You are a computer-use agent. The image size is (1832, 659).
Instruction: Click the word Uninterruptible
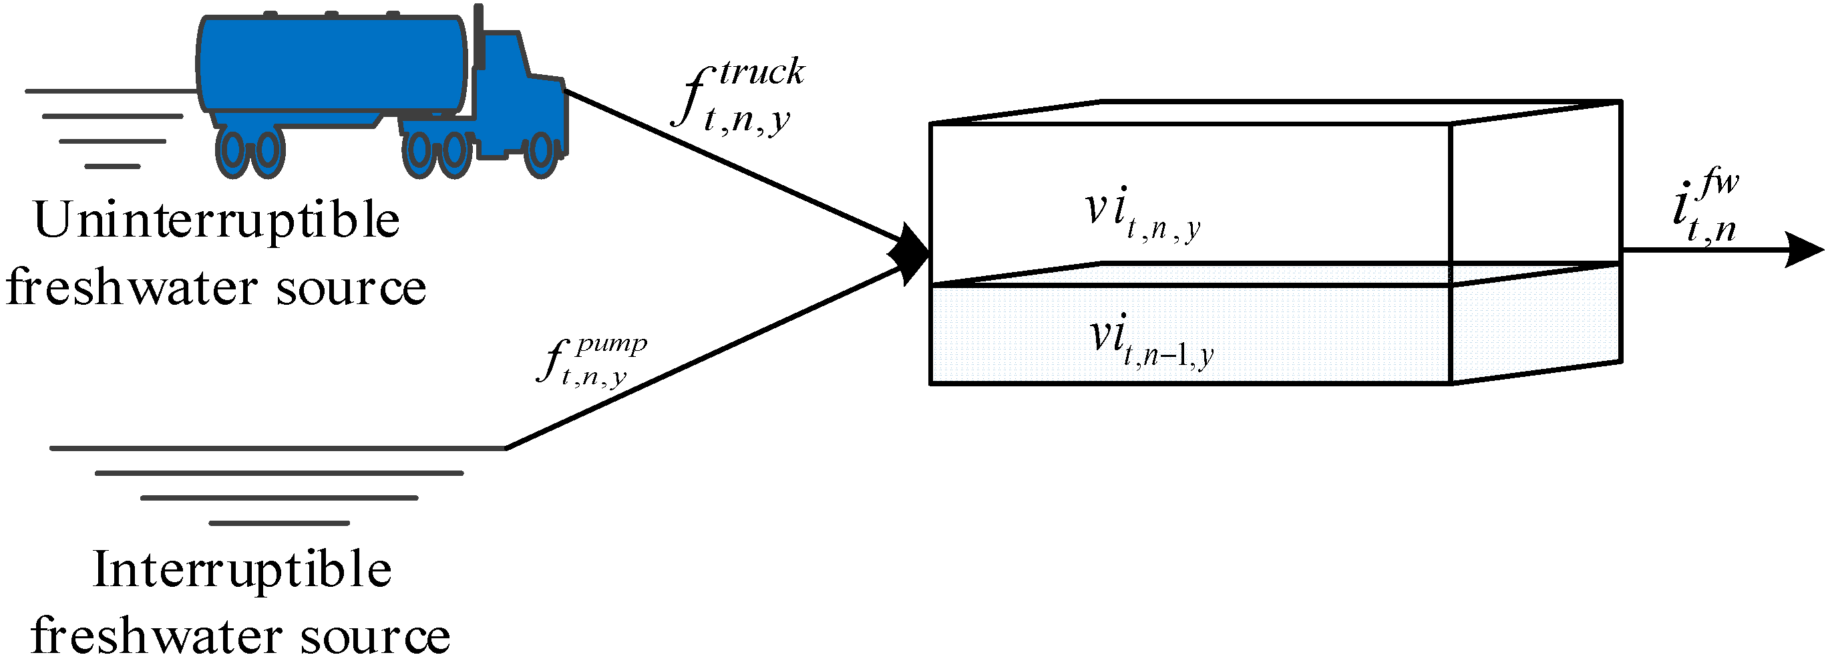click(x=216, y=221)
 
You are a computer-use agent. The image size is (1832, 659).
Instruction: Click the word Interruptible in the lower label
click(x=242, y=570)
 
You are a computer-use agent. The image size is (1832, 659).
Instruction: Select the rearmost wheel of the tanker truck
click(x=232, y=150)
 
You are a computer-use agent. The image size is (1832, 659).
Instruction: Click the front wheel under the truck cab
click(x=540, y=152)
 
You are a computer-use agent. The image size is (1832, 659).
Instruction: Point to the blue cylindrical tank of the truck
click(x=331, y=64)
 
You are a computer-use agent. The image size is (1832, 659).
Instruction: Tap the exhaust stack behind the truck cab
click(x=479, y=35)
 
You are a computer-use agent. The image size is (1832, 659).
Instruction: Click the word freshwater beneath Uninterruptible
click(x=132, y=287)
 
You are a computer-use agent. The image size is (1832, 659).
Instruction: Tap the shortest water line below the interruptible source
click(x=279, y=523)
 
